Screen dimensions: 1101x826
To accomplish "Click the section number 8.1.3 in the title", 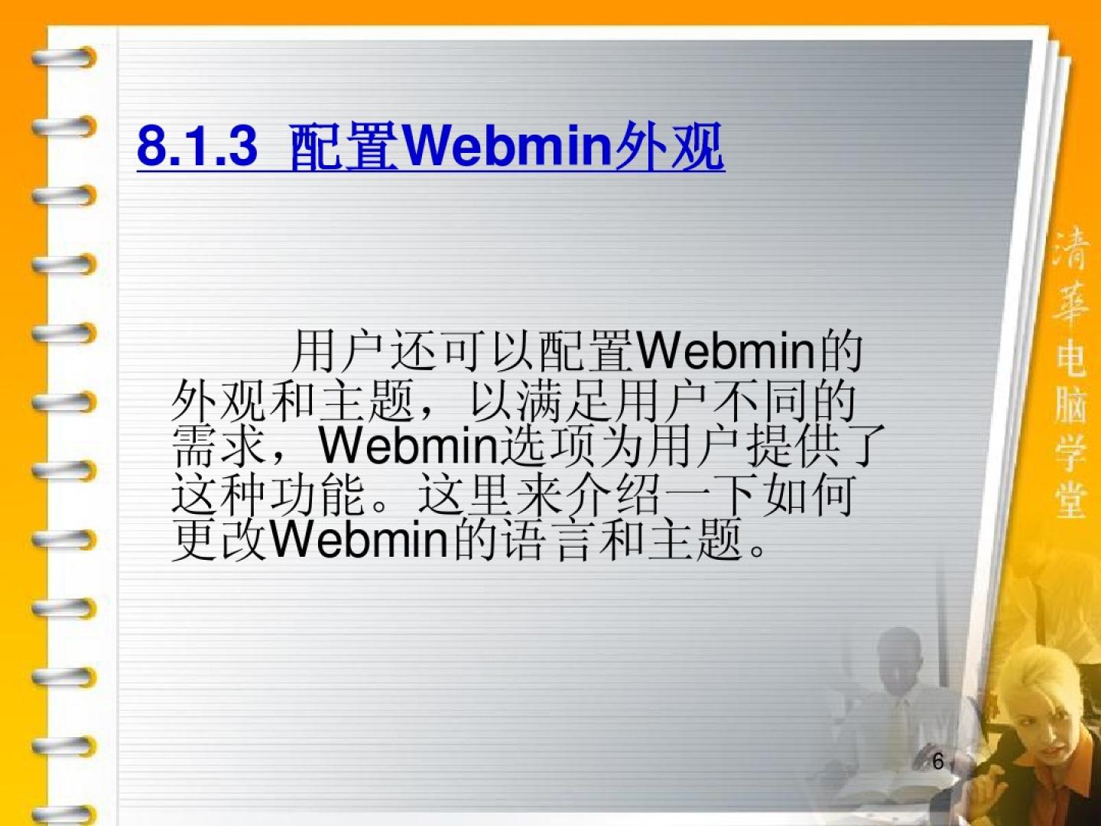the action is coord(197,146).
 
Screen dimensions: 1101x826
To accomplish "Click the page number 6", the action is coord(938,761).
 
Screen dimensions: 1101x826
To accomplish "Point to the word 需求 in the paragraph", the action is coord(218,446).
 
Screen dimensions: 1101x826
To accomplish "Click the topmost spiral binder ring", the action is coord(64,57).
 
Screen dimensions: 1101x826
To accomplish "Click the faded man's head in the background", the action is coord(903,658).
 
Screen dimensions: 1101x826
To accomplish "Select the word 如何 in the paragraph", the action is coord(808,494).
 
